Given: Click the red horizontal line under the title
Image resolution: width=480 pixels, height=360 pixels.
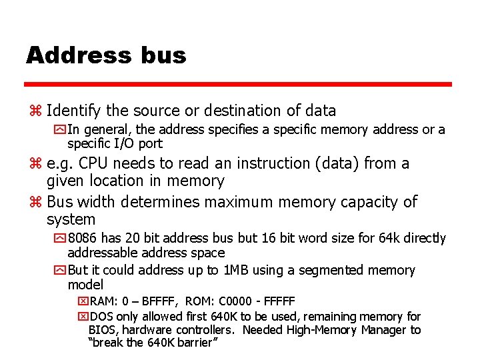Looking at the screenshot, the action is pos(238,85).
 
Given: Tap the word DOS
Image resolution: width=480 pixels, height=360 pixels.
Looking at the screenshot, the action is pos(102,317).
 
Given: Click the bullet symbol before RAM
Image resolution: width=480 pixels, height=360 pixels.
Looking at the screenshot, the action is pos(83,301).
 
